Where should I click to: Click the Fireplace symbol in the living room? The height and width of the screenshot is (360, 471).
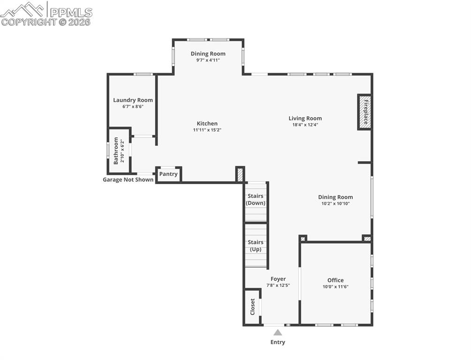(365, 112)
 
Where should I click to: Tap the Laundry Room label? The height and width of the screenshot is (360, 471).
(133, 100)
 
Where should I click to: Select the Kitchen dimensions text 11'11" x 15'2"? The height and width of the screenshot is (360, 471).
(207, 130)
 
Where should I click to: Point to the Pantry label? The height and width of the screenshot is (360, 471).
(168, 174)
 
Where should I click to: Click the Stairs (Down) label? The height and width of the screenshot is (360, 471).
(256, 200)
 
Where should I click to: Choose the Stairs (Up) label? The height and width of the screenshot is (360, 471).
(256, 246)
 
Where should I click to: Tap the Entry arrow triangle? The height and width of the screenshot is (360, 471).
(278, 332)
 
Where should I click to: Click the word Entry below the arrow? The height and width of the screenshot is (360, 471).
(278, 342)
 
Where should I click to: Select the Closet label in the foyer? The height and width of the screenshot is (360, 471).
(252, 307)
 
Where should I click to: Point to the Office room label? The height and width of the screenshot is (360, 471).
(335, 280)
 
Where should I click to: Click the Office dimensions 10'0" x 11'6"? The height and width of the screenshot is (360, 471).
(335, 287)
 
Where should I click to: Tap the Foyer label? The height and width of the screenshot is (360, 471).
(278, 279)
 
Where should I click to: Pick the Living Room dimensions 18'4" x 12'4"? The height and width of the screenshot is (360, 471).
(305, 125)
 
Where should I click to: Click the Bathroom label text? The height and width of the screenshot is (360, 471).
(116, 151)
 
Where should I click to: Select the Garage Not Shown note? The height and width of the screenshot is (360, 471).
(128, 180)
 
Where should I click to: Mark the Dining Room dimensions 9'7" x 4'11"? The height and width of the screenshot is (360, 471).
(208, 60)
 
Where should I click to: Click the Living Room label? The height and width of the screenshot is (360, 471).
(305, 118)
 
